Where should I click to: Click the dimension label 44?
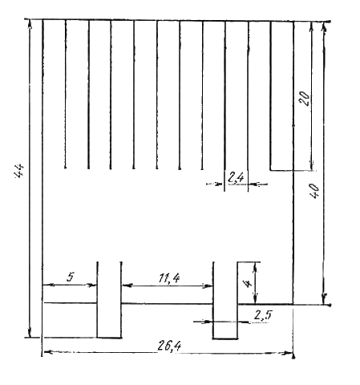tap(19, 170)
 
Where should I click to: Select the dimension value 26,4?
tap(169, 346)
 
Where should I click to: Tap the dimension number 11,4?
tap(169, 278)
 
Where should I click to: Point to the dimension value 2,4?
tap(236, 177)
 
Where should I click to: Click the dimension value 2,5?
tap(263, 315)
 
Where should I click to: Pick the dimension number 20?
tap(305, 99)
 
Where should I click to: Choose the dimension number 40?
tap(314, 191)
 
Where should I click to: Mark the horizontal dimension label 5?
tap(71, 277)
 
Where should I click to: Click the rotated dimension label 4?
tap(249, 283)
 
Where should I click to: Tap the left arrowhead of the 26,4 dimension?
tap(47, 353)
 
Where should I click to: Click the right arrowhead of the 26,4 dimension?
tap(289, 353)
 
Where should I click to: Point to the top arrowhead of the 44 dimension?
tap(30, 25)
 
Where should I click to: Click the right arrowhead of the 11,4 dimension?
tap(208, 286)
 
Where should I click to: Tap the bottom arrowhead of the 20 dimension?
tap(311, 165)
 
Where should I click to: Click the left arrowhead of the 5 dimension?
tap(47, 286)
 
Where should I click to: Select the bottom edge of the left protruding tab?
tap(109, 338)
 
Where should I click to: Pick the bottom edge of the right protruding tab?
tap(225, 338)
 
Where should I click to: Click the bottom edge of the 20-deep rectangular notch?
tap(282, 170)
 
